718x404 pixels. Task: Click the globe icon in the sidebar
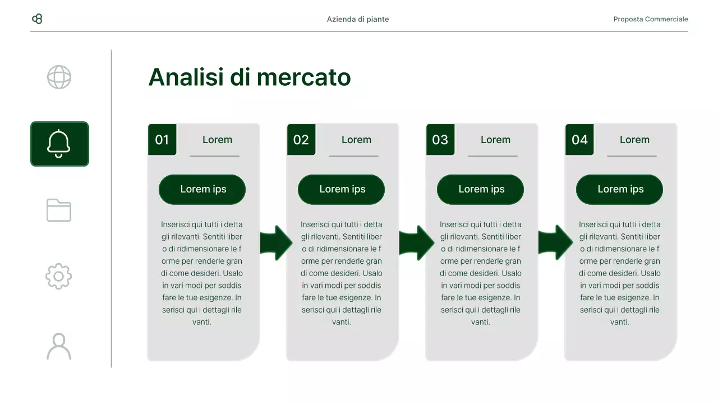[59, 77]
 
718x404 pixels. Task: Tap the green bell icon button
[59, 144]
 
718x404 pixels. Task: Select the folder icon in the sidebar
[59, 210]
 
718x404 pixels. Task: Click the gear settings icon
[59, 276]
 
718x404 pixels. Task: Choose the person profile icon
[59, 346]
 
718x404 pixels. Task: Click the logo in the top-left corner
[38, 19]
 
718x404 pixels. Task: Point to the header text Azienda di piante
[358, 19]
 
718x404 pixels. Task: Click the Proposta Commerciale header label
[650, 19]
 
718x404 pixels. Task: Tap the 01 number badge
[162, 140]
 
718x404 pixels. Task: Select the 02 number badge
[301, 140]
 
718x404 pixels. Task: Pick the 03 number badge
[440, 140]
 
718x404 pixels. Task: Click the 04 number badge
[579, 140]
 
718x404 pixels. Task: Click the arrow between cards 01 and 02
[276, 243]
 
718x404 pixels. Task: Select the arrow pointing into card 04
[555, 243]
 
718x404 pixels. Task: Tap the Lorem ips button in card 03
[481, 190]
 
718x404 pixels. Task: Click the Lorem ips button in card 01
[202, 190]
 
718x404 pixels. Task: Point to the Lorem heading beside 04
[634, 140]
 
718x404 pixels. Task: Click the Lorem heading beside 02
[356, 140]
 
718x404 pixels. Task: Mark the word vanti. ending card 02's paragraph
[341, 322]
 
